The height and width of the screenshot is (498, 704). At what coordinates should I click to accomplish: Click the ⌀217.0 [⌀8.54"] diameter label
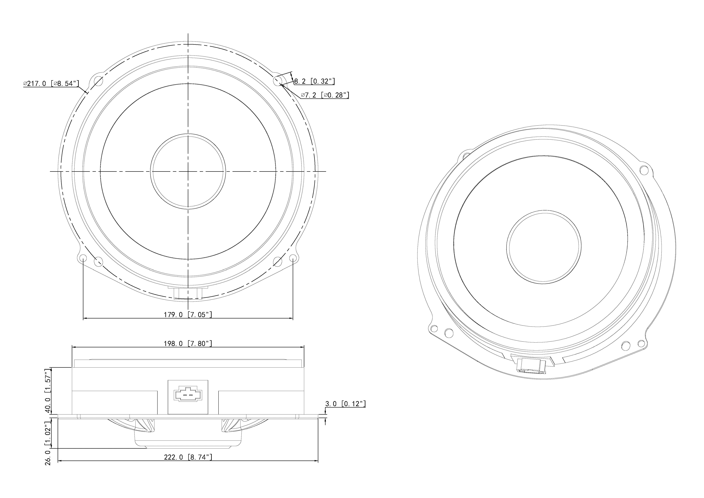point(51,83)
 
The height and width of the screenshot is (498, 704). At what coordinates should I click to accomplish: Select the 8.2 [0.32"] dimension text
point(314,81)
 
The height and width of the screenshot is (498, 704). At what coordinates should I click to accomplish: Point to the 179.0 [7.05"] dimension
point(188,314)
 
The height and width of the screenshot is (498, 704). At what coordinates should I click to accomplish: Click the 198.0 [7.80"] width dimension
point(188,343)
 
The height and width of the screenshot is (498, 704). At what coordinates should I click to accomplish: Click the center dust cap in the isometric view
point(544,247)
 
